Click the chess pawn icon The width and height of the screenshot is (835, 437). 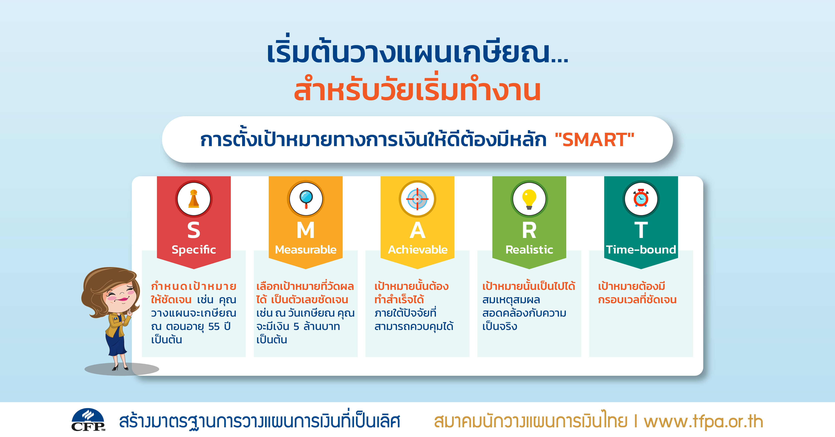tap(194, 199)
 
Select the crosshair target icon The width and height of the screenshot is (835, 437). tap(417, 199)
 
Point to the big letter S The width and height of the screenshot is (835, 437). tap(194, 230)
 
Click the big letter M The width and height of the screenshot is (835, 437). tap(306, 230)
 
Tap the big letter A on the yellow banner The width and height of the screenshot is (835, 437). tap(417, 230)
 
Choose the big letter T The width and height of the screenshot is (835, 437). tap(641, 230)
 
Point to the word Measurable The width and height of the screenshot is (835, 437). tap(306, 250)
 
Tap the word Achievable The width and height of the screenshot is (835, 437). tap(417, 250)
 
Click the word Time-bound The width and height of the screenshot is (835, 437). tap(641, 250)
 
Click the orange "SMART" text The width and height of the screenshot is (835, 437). tap(595, 140)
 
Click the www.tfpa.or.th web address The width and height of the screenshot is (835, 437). tap(703, 421)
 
